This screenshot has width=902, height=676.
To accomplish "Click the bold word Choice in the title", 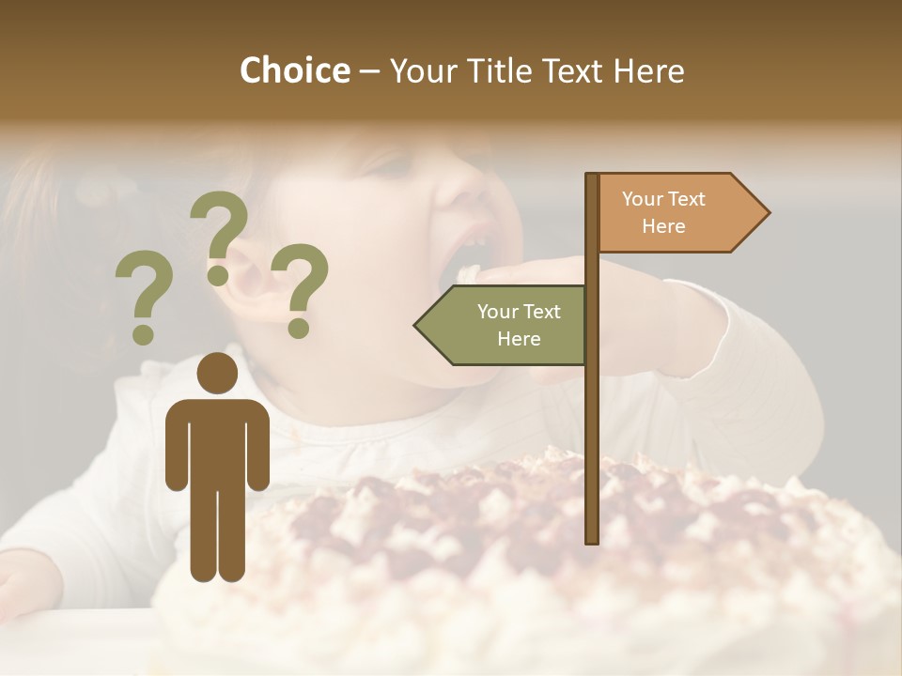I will [294, 70].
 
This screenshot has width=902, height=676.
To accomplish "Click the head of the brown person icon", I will [217, 374].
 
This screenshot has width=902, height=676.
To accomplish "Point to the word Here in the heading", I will [649, 71].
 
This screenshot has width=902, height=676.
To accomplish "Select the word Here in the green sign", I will [519, 339].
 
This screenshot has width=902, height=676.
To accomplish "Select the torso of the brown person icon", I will [217, 441].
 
